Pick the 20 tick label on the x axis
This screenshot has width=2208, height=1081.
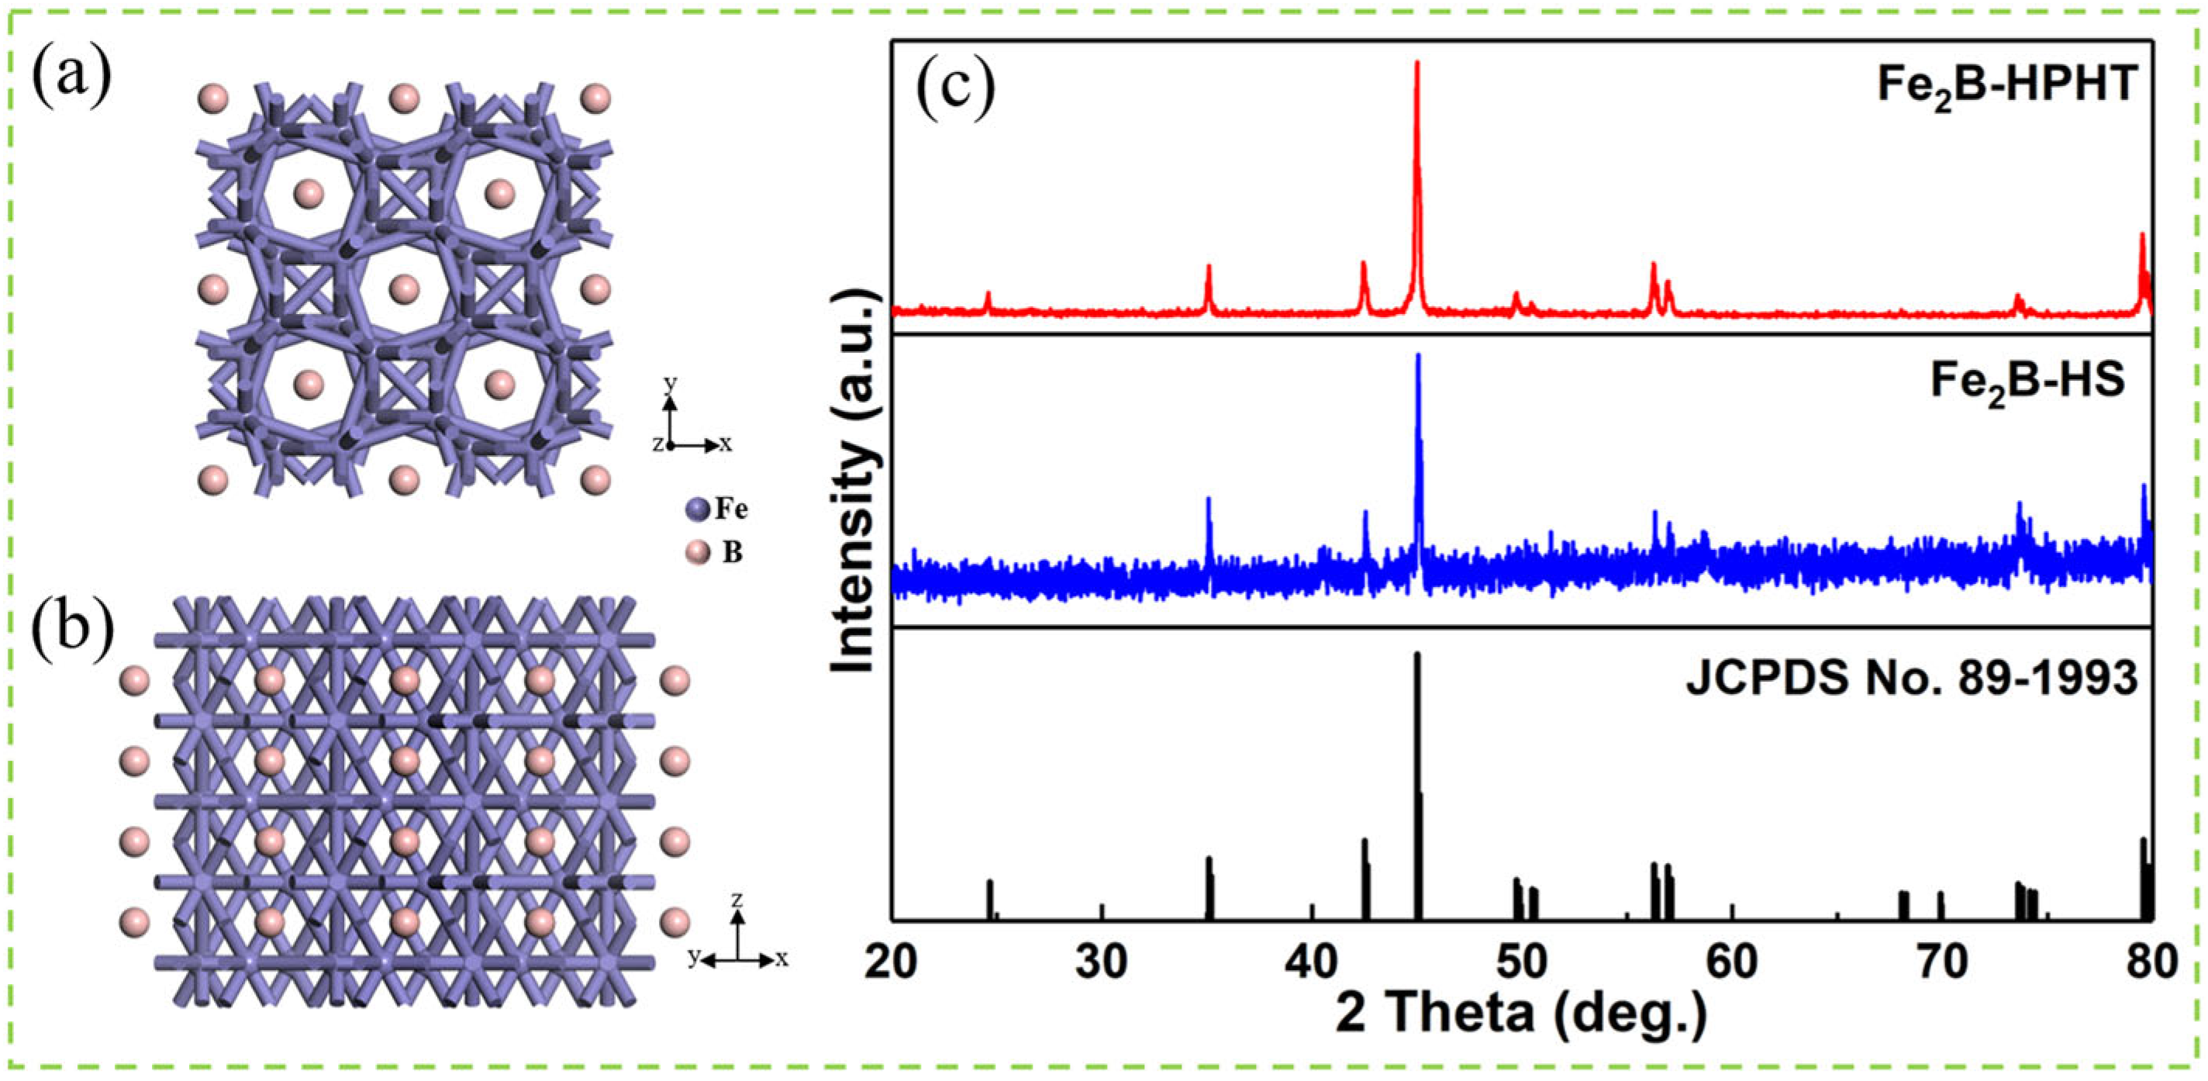[x=892, y=962]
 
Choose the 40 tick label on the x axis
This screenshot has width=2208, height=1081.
[x=1313, y=962]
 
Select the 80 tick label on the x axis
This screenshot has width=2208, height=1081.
[x=2150, y=962]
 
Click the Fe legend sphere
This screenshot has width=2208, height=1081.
[x=697, y=509]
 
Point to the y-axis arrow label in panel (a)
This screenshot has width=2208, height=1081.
[x=671, y=382]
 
